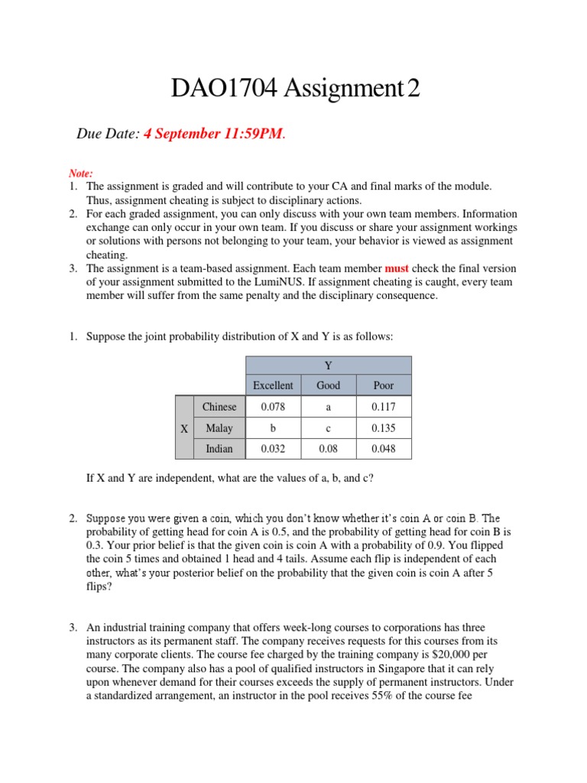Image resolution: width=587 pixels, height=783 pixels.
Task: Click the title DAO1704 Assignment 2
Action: (x=295, y=90)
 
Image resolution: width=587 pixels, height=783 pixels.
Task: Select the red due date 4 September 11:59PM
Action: (x=213, y=135)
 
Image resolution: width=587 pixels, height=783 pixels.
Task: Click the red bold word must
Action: (x=397, y=268)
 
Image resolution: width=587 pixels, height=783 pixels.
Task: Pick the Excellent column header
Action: (x=273, y=385)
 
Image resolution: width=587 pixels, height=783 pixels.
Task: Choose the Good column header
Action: (x=328, y=385)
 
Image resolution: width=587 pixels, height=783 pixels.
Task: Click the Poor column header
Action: (x=383, y=385)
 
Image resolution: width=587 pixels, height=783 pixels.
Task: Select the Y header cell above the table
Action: (x=329, y=366)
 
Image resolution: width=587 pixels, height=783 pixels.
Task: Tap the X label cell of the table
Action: (x=183, y=428)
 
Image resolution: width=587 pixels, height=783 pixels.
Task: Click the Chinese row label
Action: (x=219, y=407)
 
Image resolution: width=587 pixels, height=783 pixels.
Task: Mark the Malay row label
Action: (x=219, y=428)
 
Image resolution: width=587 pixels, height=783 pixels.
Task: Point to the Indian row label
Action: (x=219, y=449)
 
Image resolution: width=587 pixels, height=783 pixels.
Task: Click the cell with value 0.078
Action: (x=273, y=407)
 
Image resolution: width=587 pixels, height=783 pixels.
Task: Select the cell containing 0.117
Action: (x=383, y=407)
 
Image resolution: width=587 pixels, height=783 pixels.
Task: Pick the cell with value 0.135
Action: (x=383, y=428)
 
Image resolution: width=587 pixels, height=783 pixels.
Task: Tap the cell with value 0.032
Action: (x=273, y=449)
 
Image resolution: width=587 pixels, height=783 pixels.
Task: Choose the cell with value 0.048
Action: (x=383, y=449)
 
